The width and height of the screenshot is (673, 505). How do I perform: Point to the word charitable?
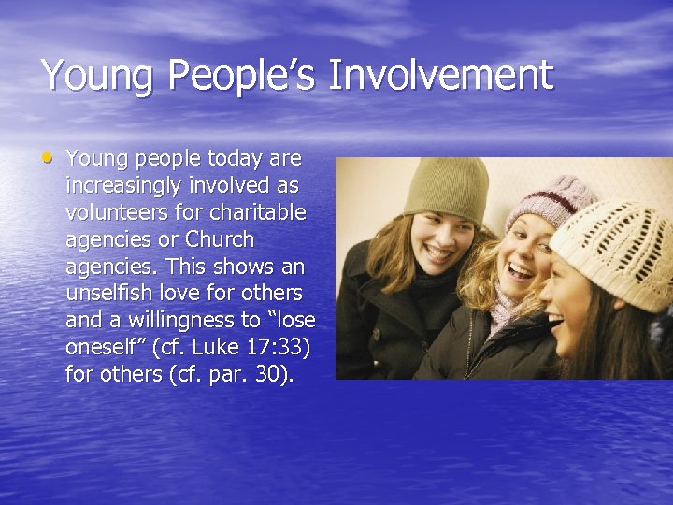click(255, 212)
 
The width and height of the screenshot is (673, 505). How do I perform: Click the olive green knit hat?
click(447, 190)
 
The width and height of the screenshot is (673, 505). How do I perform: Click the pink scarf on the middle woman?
click(504, 310)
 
